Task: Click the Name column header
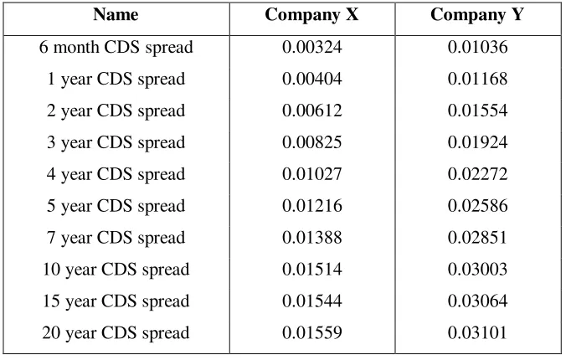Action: point(116,15)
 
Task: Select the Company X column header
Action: point(311,15)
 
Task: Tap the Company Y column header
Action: point(477,15)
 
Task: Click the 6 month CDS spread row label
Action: point(116,47)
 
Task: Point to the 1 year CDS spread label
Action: point(116,79)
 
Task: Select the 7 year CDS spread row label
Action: point(116,238)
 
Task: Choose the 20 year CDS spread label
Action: point(116,333)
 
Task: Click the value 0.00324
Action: point(311,47)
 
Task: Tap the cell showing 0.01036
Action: point(477,47)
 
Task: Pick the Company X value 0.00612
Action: point(311,111)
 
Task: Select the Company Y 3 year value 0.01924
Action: point(477,142)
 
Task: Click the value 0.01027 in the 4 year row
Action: point(311,174)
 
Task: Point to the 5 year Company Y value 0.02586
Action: point(477,206)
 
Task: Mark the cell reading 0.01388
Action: point(311,238)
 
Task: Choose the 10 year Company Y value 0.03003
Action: point(477,270)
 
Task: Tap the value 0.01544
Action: point(311,301)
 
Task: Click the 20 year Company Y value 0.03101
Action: point(477,333)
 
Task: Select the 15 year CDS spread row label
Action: point(116,301)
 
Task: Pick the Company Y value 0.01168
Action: point(477,79)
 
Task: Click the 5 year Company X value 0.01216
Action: point(311,206)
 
